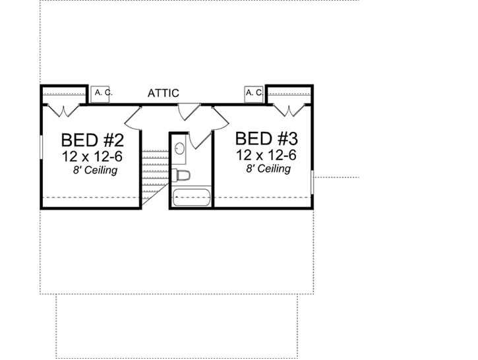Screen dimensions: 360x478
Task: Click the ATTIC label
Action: pos(163,94)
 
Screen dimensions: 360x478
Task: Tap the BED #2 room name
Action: pos(92,140)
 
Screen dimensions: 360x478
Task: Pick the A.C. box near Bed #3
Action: pos(254,94)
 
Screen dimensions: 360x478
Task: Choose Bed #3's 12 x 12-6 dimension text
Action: pos(266,156)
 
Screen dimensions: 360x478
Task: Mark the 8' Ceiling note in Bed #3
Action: pos(269,169)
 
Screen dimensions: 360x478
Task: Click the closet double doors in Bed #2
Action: pos(65,109)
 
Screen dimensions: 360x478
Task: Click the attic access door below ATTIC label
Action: pos(189,111)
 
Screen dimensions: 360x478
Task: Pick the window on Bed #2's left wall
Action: pos(42,153)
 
